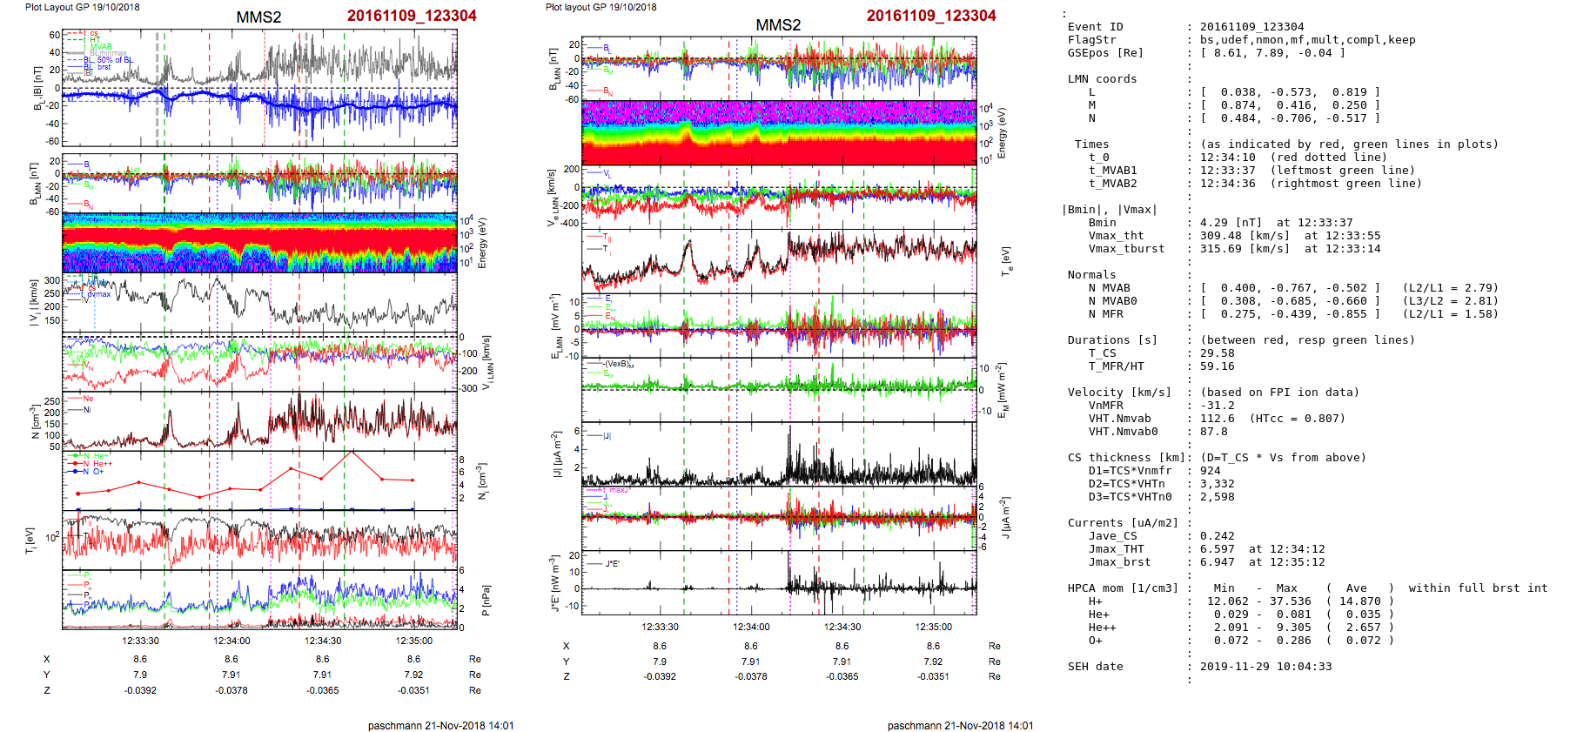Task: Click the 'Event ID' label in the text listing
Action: (1095, 27)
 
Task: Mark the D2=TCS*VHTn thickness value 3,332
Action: (1217, 484)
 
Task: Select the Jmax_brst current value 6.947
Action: (1217, 562)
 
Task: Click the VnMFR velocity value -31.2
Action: (1217, 406)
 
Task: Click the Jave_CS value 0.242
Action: (1217, 536)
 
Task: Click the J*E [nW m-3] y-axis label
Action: (552, 584)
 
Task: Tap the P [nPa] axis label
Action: (486, 600)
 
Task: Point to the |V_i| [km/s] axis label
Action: (34, 303)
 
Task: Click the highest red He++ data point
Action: (352, 453)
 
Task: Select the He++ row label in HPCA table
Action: (1102, 628)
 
